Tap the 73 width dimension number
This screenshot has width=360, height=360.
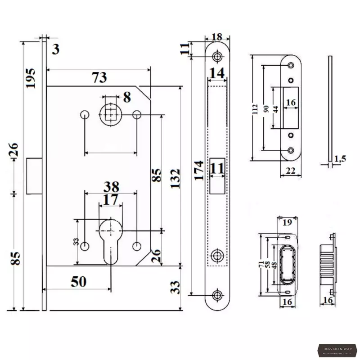pos(99,78)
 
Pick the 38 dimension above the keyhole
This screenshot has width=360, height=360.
pos(111,186)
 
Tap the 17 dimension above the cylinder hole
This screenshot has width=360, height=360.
pos(110,199)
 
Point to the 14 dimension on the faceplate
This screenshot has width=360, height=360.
pos(217,73)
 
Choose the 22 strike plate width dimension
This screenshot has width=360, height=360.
pos(291,171)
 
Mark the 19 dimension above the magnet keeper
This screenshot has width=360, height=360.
pos(288,221)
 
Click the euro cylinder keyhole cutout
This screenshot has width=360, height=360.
pos(110,241)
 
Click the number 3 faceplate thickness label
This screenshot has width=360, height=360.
pos(55,49)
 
